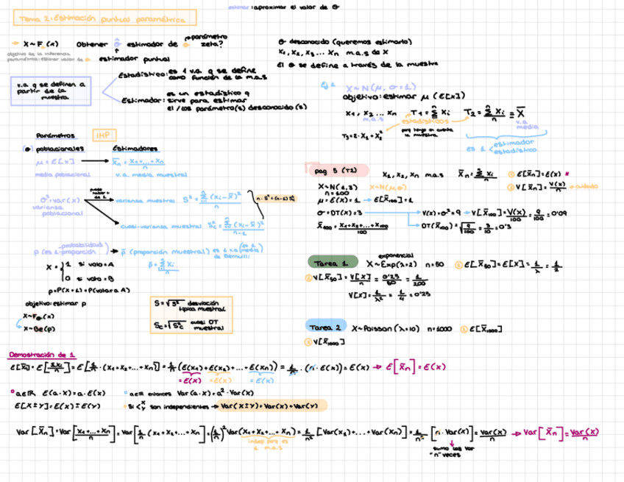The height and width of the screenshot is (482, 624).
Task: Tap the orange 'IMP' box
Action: point(101,135)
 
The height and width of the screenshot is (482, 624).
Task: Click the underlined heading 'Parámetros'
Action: point(54,135)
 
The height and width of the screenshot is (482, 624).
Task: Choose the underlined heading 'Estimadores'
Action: point(133,147)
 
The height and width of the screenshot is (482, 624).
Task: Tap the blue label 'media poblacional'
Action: point(62,174)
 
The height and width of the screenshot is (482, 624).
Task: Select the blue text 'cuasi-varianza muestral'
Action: point(152,227)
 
